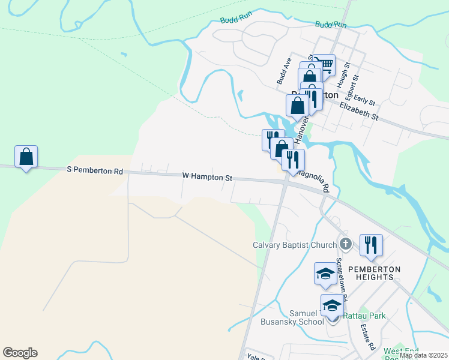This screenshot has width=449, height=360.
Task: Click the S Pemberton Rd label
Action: [95, 171]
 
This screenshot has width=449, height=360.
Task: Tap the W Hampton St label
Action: [207, 177]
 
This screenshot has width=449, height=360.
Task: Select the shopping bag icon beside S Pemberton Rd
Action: [26, 157]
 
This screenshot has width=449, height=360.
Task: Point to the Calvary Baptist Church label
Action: [294, 245]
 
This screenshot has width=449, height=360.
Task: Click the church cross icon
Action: [345, 244]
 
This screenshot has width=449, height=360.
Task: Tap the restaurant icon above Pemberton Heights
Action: [371, 245]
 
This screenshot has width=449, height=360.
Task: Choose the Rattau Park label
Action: [365, 316]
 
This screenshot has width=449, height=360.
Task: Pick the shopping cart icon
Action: [324, 65]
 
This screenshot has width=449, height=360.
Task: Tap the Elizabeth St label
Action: [359, 111]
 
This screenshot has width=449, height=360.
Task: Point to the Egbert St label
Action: [355, 86]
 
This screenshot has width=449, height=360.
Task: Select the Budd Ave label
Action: [283, 71]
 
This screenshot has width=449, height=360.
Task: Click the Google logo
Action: [20, 353]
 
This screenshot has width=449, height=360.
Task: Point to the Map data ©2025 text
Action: [423, 355]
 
